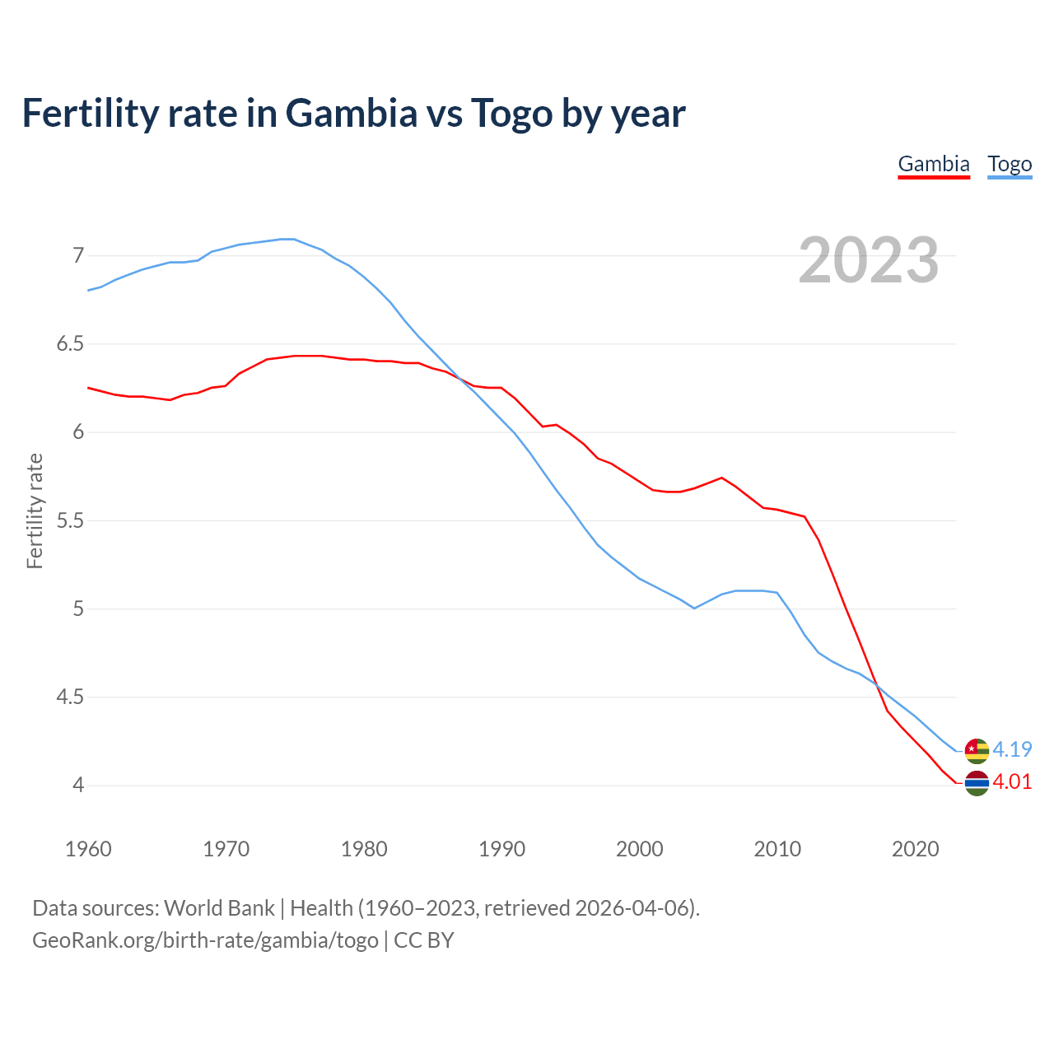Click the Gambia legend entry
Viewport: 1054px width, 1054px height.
point(934,164)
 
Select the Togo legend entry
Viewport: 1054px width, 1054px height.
point(1010,164)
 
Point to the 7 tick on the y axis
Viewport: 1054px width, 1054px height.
point(78,255)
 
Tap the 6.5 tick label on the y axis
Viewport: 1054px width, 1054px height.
point(70,343)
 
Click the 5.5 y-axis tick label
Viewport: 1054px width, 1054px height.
point(70,520)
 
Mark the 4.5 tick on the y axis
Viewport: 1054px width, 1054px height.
point(70,697)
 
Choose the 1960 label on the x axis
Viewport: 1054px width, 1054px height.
point(88,849)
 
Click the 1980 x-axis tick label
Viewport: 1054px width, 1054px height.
point(364,849)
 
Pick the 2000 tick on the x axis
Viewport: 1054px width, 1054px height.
point(639,849)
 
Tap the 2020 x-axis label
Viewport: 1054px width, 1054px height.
point(915,849)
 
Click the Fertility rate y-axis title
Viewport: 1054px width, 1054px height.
point(35,511)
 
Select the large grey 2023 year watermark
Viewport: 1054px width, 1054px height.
point(868,260)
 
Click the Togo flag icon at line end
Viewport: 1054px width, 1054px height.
point(977,751)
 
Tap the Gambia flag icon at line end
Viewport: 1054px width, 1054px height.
point(977,783)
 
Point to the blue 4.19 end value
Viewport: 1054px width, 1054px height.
point(1012,749)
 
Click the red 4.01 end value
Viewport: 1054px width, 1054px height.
point(1012,781)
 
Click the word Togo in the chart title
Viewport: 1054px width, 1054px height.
point(511,113)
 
